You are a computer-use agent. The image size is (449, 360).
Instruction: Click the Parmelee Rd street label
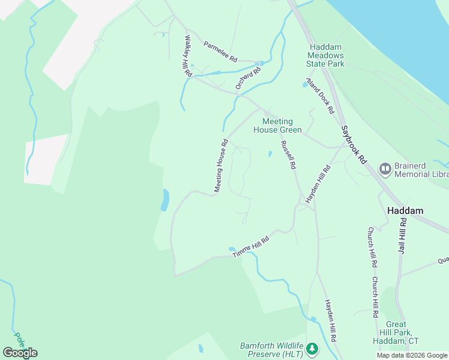pos(220,52)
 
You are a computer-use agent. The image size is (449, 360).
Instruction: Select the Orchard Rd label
pos(249,79)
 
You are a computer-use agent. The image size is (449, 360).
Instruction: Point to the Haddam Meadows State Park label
pos(327,55)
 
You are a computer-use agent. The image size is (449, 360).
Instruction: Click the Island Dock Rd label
pos(320,95)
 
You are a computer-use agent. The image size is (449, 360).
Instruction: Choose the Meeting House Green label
pos(277,125)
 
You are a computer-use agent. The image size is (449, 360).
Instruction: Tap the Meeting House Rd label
pos(220,166)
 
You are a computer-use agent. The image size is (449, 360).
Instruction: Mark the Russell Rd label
pos(289,155)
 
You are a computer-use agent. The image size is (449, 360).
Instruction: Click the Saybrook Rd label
pos(354,145)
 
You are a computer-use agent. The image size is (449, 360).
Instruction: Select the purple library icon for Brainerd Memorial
pos(385,168)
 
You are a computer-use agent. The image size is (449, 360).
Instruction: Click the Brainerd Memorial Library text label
pos(421,169)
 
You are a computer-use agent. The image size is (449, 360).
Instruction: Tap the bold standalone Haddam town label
pos(406,211)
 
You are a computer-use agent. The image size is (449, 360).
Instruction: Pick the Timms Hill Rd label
pos(250,247)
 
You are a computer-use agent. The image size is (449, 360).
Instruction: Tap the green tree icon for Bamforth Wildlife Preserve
pos(312,349)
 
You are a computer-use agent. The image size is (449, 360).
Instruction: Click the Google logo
pos(20,352)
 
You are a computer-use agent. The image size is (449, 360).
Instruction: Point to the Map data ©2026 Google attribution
pos(411,355)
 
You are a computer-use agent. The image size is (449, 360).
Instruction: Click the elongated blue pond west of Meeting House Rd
pos(165,200)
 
